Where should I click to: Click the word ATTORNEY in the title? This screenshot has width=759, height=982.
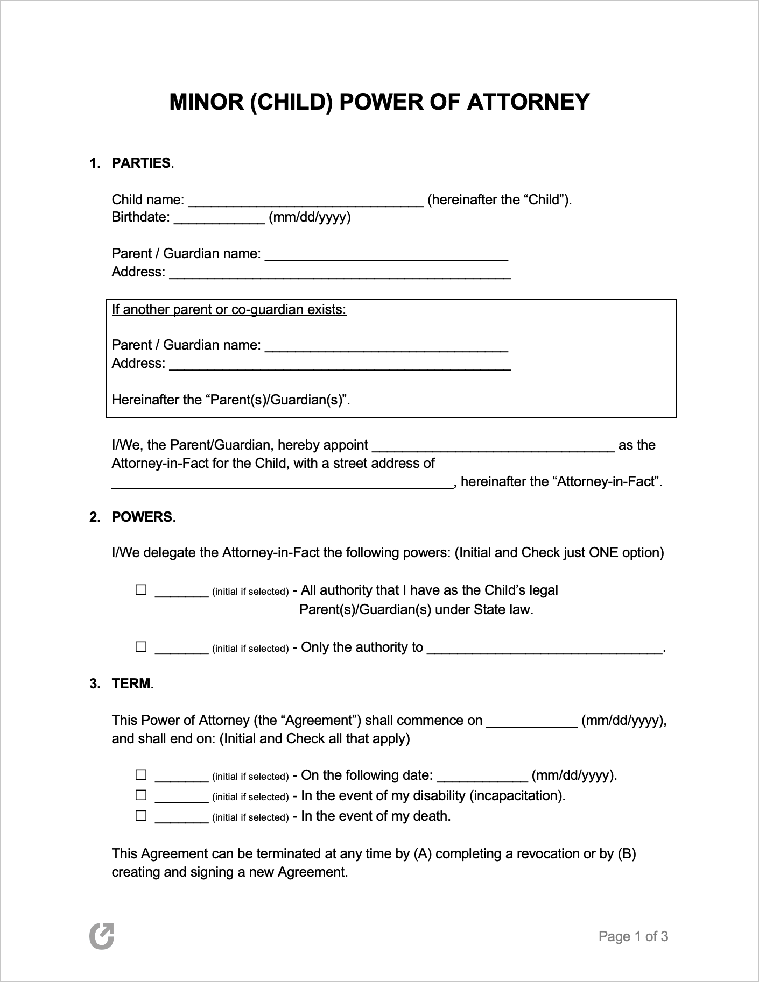pyautogui.click(x=528, y=102)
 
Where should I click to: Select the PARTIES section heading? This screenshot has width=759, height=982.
pyautogui.click(x=141, y=163)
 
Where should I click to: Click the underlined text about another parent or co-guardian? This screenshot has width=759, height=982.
pyautogui.click(x=229, y=310)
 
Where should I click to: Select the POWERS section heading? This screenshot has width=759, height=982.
pyautogui.click(x=142, y=517)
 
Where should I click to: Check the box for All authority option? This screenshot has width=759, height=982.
pyautogui.click(x=141, y=590)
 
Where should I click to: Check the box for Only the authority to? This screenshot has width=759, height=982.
pyautogui.click(x=141, y=647)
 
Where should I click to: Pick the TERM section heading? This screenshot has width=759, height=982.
pyautogui.click(x=132, y=684)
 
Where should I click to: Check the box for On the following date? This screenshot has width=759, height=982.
pyautogui.click(x=141, y=775)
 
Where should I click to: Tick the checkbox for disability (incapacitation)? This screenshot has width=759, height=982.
pyautogui.click(x=141, y=795)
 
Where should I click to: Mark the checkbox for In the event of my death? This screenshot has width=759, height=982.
pyautogui.click(x=141, y=815)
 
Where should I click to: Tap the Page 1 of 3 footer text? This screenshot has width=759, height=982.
pyautogui.click(x=633, y=936)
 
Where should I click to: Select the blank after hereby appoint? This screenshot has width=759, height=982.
pyautogui.click(x=493, y=447)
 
